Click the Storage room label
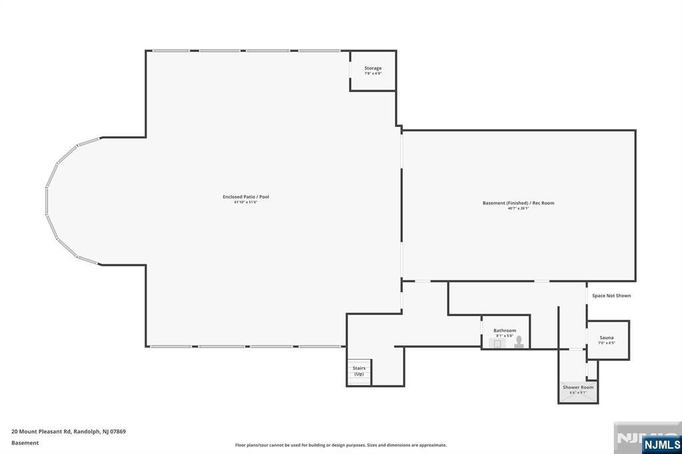373,68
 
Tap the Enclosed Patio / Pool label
246,196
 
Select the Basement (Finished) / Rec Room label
518,203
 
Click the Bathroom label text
505,330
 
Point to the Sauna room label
607,338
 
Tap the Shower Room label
577,387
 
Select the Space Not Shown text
611,296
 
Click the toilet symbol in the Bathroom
519,341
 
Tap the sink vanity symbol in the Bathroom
497,343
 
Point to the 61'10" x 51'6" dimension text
246,202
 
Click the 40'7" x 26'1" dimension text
518,208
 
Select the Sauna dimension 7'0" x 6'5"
607,343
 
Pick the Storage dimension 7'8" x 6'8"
373,73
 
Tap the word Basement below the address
25,443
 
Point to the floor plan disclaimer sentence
340,445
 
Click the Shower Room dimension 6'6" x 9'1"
577,392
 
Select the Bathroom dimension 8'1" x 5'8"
505,336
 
